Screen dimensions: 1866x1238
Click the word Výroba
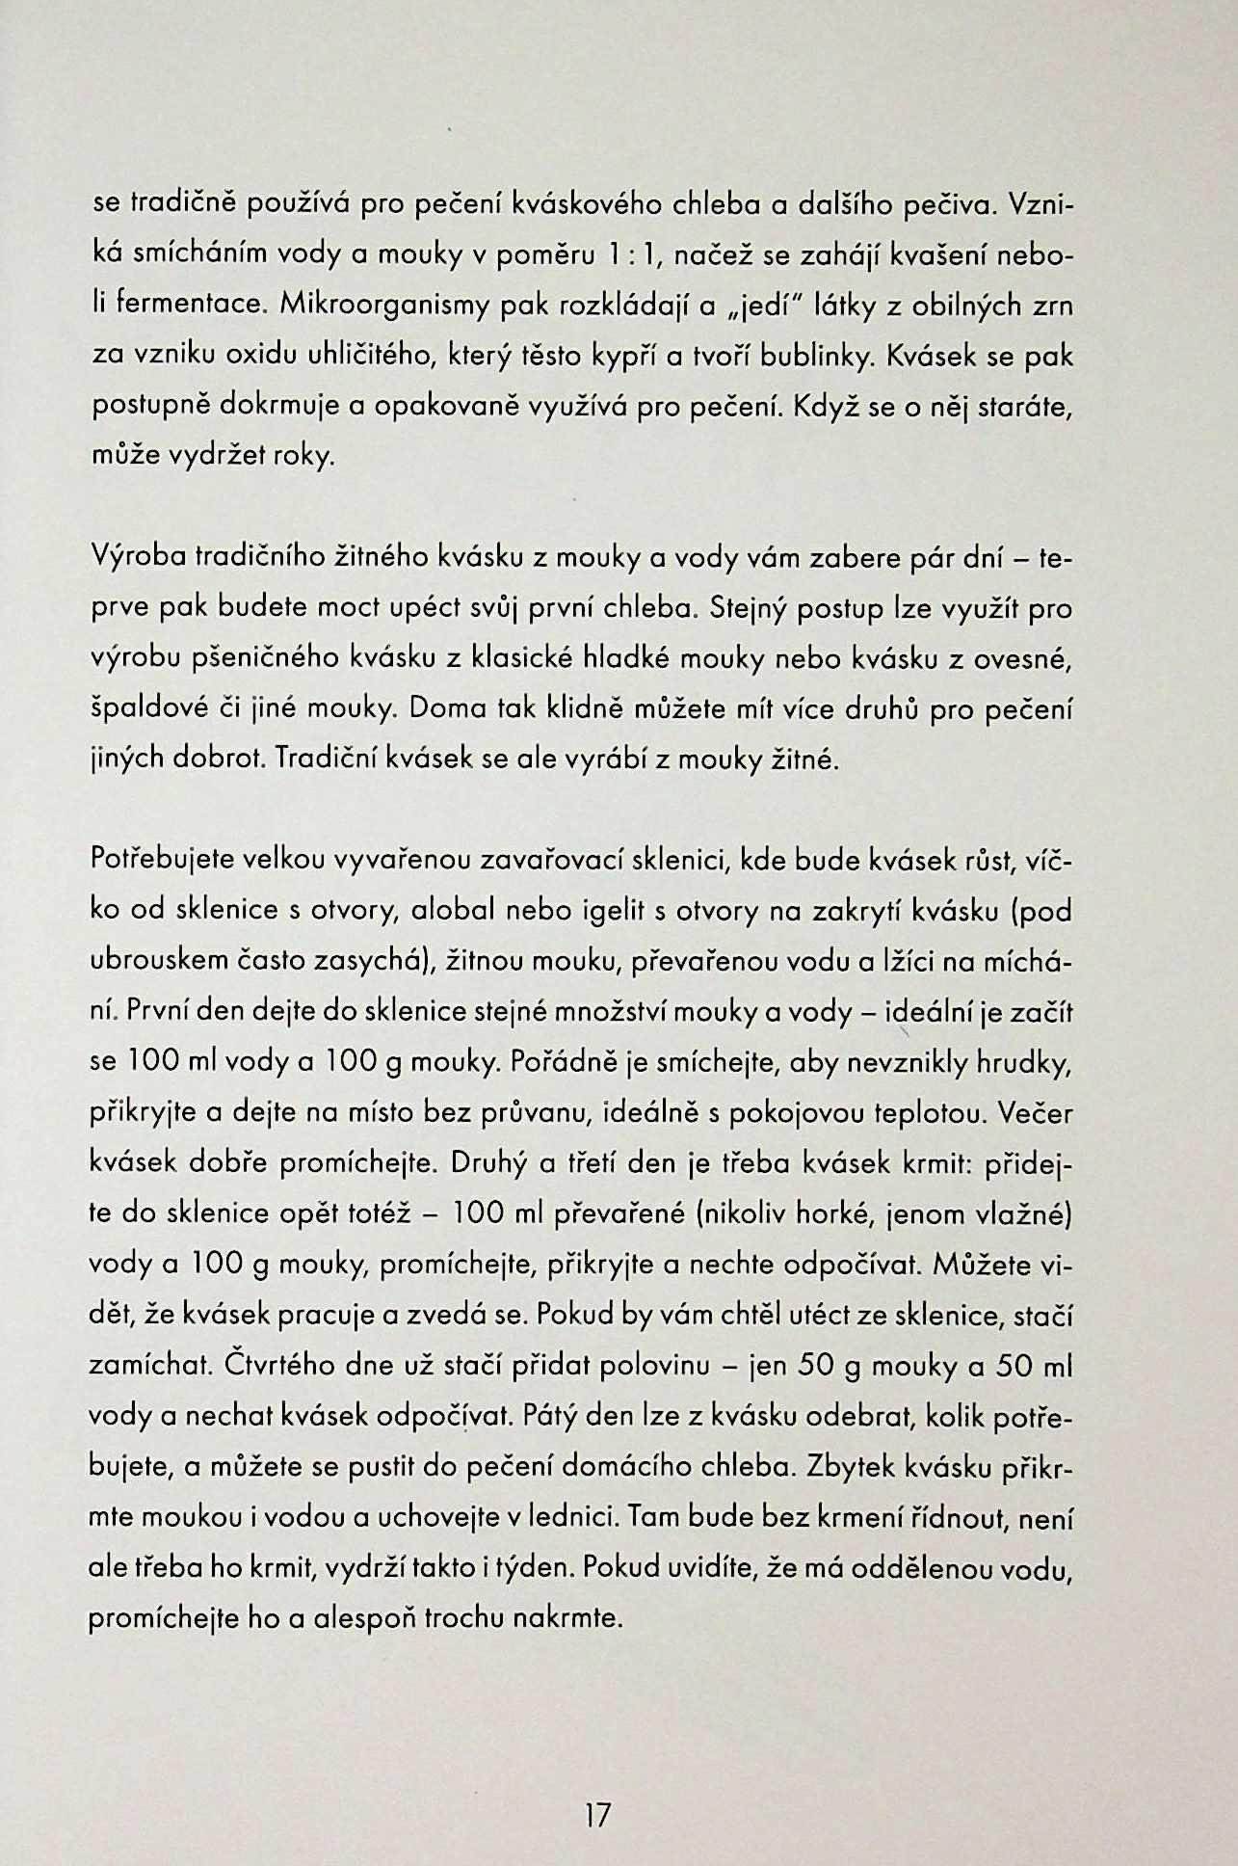tap(138, 559)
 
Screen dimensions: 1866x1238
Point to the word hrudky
tap(1024, 1062)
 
